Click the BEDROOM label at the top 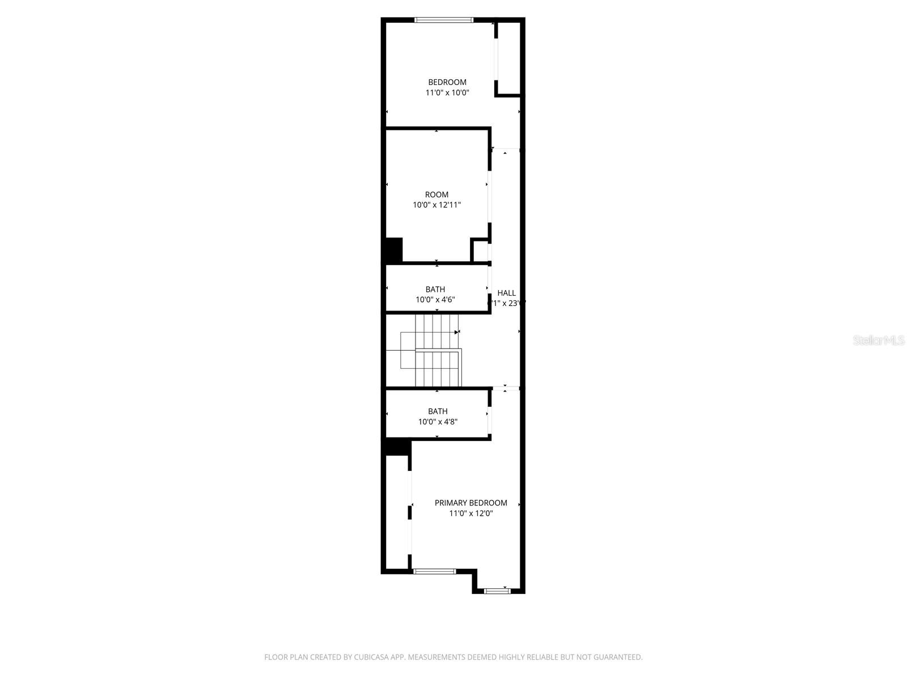[x=447, y=82]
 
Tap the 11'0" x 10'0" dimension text [x=447, y=92]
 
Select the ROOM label [x=436, y=194]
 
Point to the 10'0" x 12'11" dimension [x=436, y=205]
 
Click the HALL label [x=506, y=293]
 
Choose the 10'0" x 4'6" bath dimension [x=435, y=300]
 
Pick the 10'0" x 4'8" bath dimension [x=438, y=422]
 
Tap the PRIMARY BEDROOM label [x=471, y=503]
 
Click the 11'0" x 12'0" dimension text [x=471, y=513]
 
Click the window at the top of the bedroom [x=443, y=20]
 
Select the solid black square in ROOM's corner [x=394, y=250]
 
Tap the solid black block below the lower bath [x=398, y=447]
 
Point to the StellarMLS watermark [x=879, y=341]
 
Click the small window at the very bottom [x=497, y=591]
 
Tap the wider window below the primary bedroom [x=434, y=571]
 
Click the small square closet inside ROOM [x=480, y=251]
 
